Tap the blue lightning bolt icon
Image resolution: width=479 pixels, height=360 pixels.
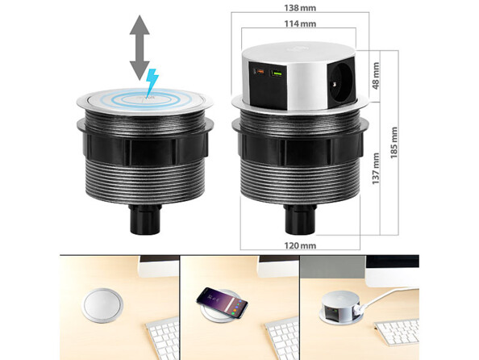[152, 82]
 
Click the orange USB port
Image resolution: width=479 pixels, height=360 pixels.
[260, 74]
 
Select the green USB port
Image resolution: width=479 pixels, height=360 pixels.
[277, 75]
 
